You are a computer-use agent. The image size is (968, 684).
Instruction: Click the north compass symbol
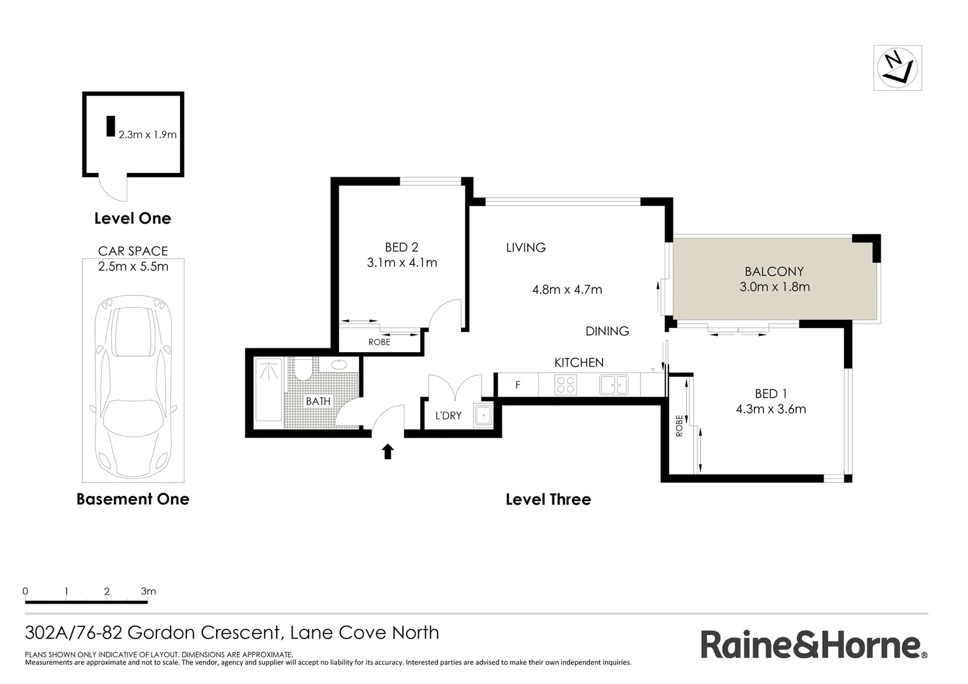(x=897, y=68)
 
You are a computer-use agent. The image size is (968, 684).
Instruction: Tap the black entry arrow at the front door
(x=388, y=451)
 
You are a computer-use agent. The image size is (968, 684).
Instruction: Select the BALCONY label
(x=774, y=272)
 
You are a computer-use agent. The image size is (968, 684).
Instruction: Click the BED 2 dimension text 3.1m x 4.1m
(x=402, y=263)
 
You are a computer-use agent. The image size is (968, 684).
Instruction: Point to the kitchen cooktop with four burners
(x=565, y=384)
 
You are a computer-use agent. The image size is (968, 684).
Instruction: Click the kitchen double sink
(x=613, y=384)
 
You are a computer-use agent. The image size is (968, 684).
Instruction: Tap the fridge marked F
(x=518, y=385)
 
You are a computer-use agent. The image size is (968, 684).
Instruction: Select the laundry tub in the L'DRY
(x=483, y=415)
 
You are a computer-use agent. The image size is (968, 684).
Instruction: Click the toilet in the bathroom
(x=303, y=369)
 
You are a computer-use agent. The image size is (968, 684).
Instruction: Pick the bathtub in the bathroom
(x=268, y=390)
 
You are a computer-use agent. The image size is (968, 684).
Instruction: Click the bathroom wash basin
(x=339, y=364)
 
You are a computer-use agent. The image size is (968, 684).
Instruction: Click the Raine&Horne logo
(x=813, y=645)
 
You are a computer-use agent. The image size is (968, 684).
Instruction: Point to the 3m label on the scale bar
(x=148, y=592)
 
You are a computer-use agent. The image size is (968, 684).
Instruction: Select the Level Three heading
(x=548, y=500)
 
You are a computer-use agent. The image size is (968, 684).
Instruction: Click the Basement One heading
(x=132, y=499)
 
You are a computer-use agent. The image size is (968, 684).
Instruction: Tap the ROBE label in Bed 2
(x=379, y=343)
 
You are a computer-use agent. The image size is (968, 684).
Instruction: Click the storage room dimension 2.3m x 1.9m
(x=148, y=134)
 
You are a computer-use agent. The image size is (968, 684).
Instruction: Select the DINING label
(x=607, y=331)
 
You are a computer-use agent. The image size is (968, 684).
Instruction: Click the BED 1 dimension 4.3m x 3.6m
(x=770, y=409)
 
